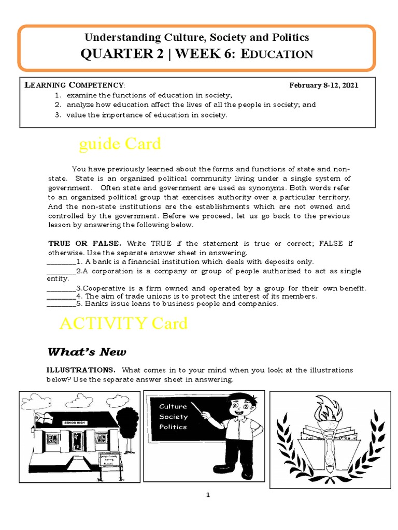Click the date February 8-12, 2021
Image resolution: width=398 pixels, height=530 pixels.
(323, 85)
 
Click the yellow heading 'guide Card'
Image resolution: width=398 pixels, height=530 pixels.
(120, 144)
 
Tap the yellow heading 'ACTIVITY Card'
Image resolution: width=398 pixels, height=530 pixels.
(123, 323)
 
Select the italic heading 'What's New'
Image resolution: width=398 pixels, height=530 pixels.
(87, 352)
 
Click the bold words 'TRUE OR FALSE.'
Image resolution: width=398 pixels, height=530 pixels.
(85, 243)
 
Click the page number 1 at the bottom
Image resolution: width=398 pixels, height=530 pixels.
(208, 495)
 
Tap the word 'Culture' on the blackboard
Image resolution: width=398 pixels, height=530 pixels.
(173, 406)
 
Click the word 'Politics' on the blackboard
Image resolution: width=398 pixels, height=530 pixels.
(173, 427)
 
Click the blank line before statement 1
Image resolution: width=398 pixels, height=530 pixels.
(61, 262)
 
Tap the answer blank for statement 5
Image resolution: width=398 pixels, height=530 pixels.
(61, 304)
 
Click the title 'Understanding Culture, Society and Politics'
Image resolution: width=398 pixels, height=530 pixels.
(197, 37)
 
